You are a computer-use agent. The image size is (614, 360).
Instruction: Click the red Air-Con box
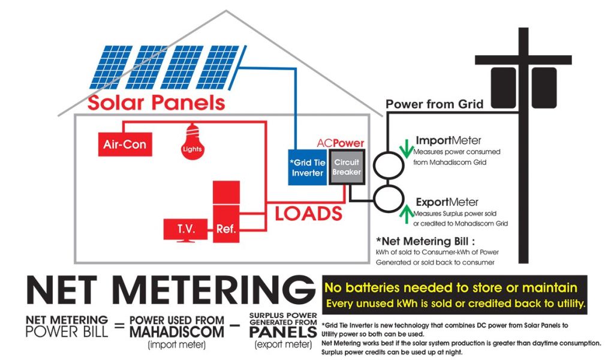pyautogui.click(x=124, y=145)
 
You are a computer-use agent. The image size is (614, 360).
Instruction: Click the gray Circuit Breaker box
pyautogui.click(x=347, y=167)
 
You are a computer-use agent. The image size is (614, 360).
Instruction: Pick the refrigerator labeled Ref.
pyautogui.click(x=226, y=214)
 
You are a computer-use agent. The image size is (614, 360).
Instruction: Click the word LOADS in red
pyautogui.click(x=308, y=213)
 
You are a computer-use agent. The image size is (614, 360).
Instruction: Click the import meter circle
pyautogui.click(x=390, y=164)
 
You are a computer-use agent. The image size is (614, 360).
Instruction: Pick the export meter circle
pyautogui.click(x=390, y=199)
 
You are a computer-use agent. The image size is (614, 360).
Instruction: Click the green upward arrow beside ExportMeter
pyautogui.click(x=406, y=212)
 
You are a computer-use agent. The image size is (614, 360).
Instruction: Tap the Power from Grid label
pyautogui.click(x=434, y=104)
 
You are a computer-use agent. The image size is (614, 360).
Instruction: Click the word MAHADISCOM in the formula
pyautogui.click(x=177, y=331)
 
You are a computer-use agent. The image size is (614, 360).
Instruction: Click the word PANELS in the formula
pyautogui.click(x=283, y=332)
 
